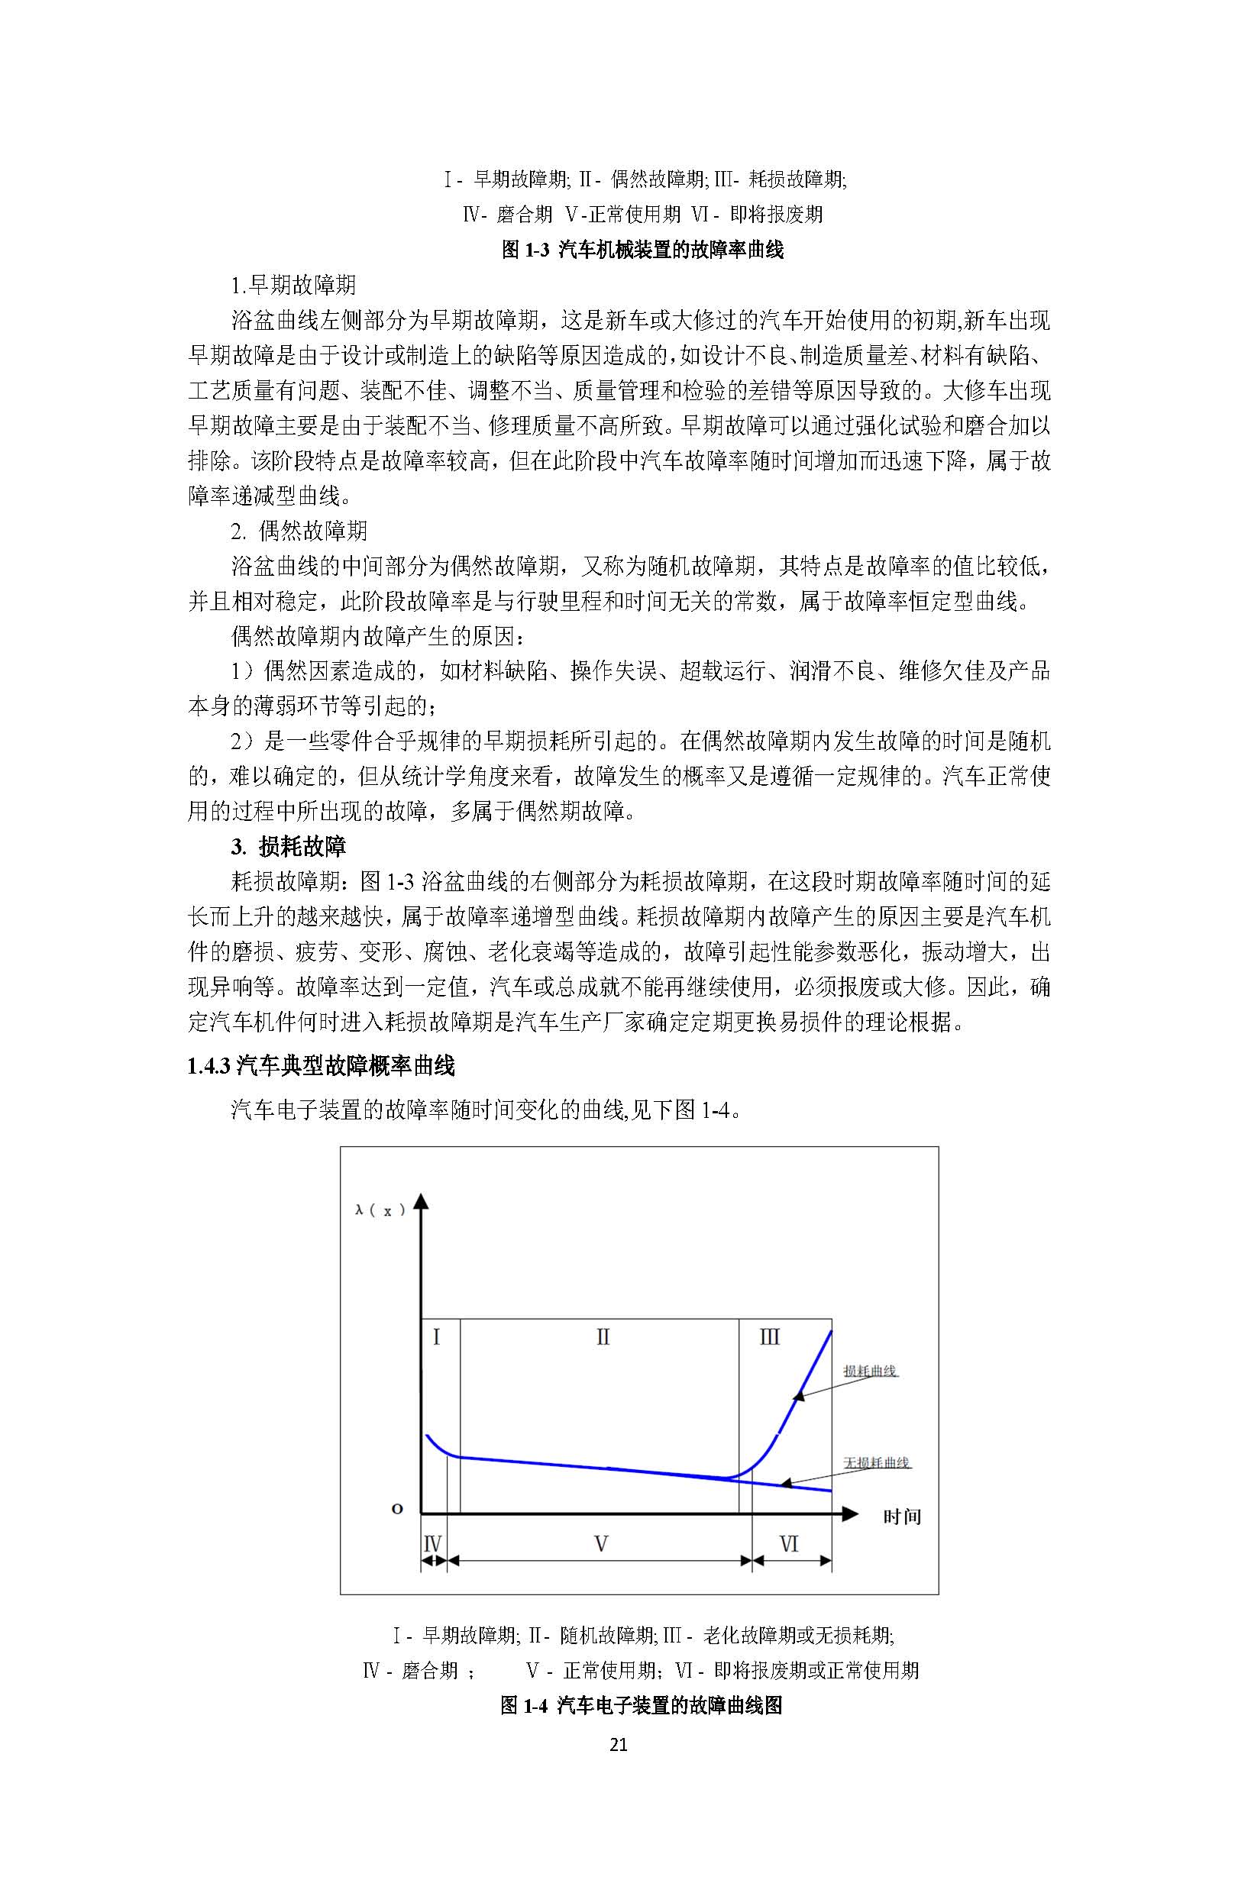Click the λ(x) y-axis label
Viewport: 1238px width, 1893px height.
(x=380, y=1210)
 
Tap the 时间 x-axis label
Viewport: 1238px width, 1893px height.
(x=901, y=1517)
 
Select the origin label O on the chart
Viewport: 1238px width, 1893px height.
(x=397, y=1509)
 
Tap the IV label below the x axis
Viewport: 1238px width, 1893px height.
(x=432, y=1545)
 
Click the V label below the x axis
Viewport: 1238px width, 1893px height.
(x=602, y=1545)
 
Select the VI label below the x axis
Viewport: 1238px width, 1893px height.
(x=788, y=1545)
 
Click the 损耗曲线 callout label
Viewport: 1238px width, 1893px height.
(x=870, y=1371)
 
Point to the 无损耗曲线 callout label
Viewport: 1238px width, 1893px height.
(x=876, y=1462)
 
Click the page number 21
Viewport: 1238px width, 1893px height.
(x=618, y=1744)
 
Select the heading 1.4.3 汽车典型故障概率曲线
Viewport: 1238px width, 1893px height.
(x=321, y=1066)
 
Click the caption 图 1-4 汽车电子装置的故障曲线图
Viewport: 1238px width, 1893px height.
(x=642, y=1705)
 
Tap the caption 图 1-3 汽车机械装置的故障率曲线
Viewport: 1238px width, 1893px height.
(x=642, y=250)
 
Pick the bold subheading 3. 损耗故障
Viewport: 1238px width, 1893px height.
(x=289, y=846)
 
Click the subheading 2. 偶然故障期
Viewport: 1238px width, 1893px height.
(x=299, y=531)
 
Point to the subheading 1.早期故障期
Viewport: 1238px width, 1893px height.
(x=293, y=285)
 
